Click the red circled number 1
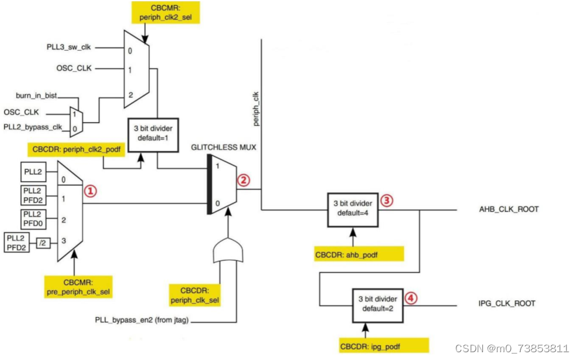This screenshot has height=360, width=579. [x=91, y=191]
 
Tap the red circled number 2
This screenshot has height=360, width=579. [x=243, y=180]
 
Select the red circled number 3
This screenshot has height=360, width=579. [x=386, y=200]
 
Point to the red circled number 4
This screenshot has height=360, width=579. [x=411, y=298]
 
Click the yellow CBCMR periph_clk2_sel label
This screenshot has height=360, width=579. [x=165, y=12]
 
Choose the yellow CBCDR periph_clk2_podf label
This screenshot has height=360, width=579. [x=76, y=150]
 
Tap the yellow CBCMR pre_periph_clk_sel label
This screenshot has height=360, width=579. [x=78, y=287]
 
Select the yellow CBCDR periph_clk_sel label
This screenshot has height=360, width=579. [x=195, y=295]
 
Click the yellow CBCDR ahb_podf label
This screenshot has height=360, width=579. [x=359, y=254]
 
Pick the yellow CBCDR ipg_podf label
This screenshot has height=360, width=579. [x=384, y=346]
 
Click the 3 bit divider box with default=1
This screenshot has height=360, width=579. [x=153, y=135]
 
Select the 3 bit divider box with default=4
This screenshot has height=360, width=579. [x=353, y=210]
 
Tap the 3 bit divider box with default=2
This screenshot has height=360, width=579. [x=377, y=306]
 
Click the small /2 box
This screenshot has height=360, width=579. [x=43, y=243]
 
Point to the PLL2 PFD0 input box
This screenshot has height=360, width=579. [x=33, y=219]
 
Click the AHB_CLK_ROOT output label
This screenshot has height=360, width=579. [x=509, y=210]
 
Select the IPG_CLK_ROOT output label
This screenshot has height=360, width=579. [x=506, y=304]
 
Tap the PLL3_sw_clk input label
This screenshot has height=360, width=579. [x=69, y=47]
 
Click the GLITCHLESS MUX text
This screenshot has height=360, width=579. [x=224, y=147]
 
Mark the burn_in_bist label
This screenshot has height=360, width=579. [x=36, y=95]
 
